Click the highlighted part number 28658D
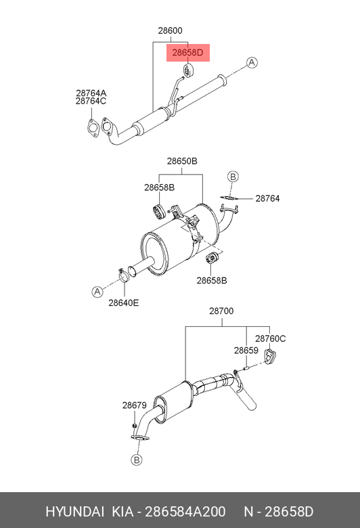coord(187,53)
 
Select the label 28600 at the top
coord(170,30)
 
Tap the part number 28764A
coord(91,93)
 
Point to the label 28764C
coord(91,101)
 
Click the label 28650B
coord(182,161)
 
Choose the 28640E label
coord(124,303)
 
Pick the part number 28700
coord(221,311)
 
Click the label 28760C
coord(270,338)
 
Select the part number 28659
coord(246,351)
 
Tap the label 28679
coord(135,405)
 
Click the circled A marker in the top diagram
coord(252,63)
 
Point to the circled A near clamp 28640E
coord(97,291)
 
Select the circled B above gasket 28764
coord(233,177)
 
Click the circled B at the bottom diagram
coord(137,460)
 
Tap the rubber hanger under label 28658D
coord(187,70)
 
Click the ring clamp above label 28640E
coord(123,276)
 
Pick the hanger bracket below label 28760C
coord(270,357)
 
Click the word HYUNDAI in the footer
coord(74,512)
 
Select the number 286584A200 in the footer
coord(185,512)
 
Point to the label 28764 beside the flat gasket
coord(267,198)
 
